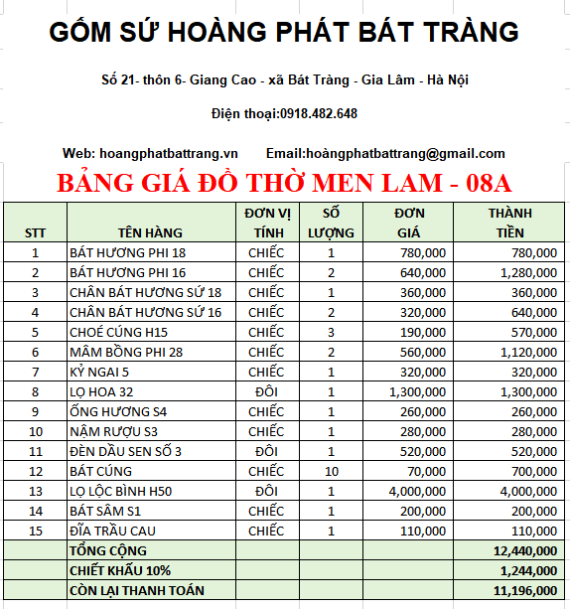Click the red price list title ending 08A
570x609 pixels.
pos(284,184)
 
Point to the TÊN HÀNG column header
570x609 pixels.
pos(150,232)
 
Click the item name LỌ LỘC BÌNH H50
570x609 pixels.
pos(120,491)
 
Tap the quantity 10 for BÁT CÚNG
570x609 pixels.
pos(331,471)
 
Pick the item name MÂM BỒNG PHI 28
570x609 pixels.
pos(127,352)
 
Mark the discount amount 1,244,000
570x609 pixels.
pos(527,570)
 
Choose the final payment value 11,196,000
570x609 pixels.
pos(524,590)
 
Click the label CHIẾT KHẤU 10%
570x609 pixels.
pos(119,570)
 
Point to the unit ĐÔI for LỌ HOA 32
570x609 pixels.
pos(266,391)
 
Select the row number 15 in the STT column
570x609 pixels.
pos(35,531)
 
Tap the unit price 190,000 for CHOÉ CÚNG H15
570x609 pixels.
pos(421,332)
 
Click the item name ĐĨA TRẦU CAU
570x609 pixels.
pos(112,531)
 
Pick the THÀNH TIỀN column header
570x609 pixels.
pos(509,223)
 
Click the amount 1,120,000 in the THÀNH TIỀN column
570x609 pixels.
pos(527,352)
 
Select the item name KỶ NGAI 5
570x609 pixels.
pos(99,372)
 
